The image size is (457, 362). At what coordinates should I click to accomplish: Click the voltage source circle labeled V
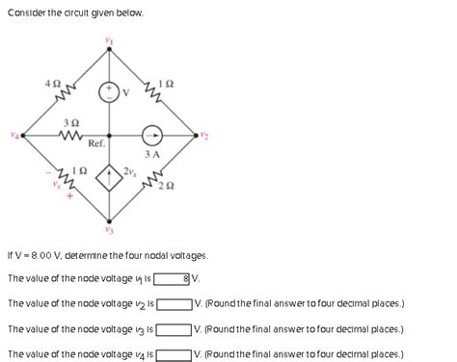tap(110, 91)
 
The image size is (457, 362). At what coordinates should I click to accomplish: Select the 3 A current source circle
tap(152, 136)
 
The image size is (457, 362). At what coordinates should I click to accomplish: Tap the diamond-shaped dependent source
tap(110, 180)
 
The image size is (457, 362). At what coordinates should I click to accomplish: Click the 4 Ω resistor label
tap(52, 85)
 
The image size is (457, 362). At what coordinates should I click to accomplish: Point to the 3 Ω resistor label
tap(70, 123)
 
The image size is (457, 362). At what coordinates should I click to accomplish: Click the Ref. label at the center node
tap(96, 144)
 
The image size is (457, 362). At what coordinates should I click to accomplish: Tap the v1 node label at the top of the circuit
tap(109, 40)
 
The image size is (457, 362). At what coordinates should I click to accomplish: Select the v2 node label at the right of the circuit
tap(203, 136)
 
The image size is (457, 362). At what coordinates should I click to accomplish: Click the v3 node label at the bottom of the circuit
tap(109, 230)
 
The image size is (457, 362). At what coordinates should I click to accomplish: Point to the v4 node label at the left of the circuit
tap(13, 136)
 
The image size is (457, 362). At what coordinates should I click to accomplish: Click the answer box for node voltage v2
tap(175, 304)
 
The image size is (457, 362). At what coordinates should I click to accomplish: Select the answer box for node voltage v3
tap(175, 329)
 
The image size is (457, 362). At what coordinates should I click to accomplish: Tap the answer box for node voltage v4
tap(175, 354)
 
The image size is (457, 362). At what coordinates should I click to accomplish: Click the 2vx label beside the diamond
tap(130, 170)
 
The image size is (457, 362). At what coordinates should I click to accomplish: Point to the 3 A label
tap(151, 154)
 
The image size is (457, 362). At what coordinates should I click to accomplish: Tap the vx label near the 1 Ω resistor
tap(57, 186)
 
